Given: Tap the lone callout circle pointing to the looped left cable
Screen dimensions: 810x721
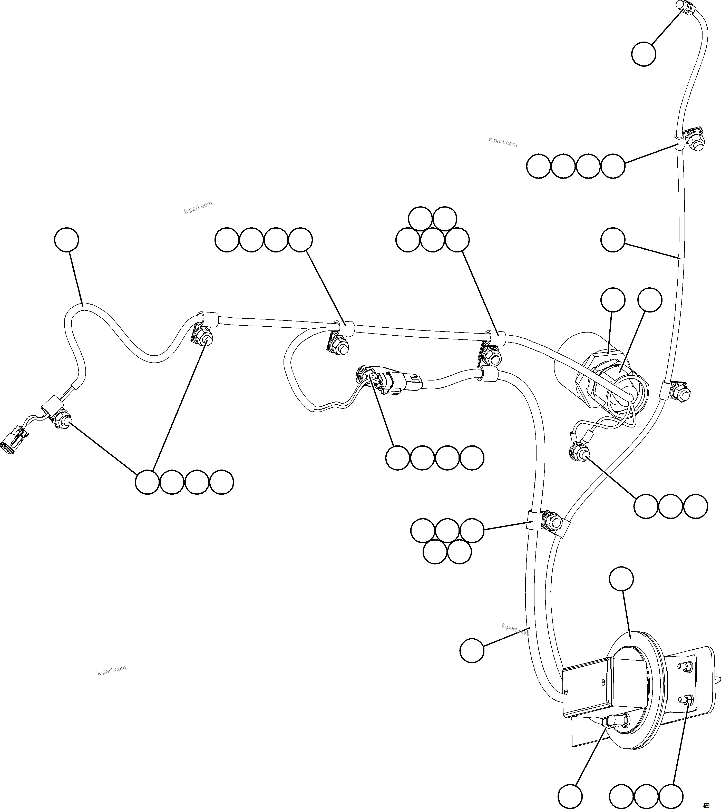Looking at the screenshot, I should [x=67, y=240].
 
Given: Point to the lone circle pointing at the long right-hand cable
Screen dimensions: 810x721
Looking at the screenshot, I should [x=613, y=240].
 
